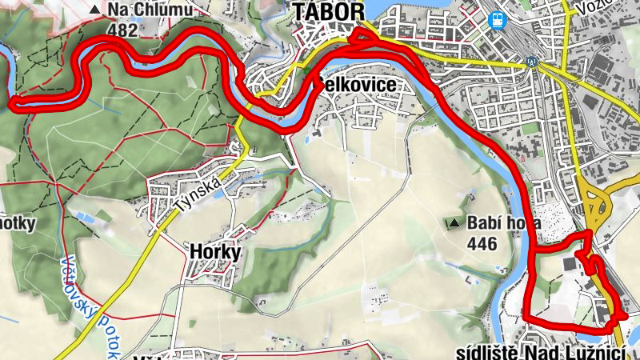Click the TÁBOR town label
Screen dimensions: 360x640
[x=329, y=11]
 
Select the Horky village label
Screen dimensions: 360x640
[x=215, y=251]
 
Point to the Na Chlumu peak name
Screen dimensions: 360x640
[x=146, y=10]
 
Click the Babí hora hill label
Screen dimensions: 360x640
[x=505, y=223]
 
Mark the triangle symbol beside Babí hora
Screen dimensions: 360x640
[x=455, y=223]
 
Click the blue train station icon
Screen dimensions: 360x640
[x=498, y=19]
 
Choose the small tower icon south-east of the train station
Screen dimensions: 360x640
[x=530, y=61]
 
